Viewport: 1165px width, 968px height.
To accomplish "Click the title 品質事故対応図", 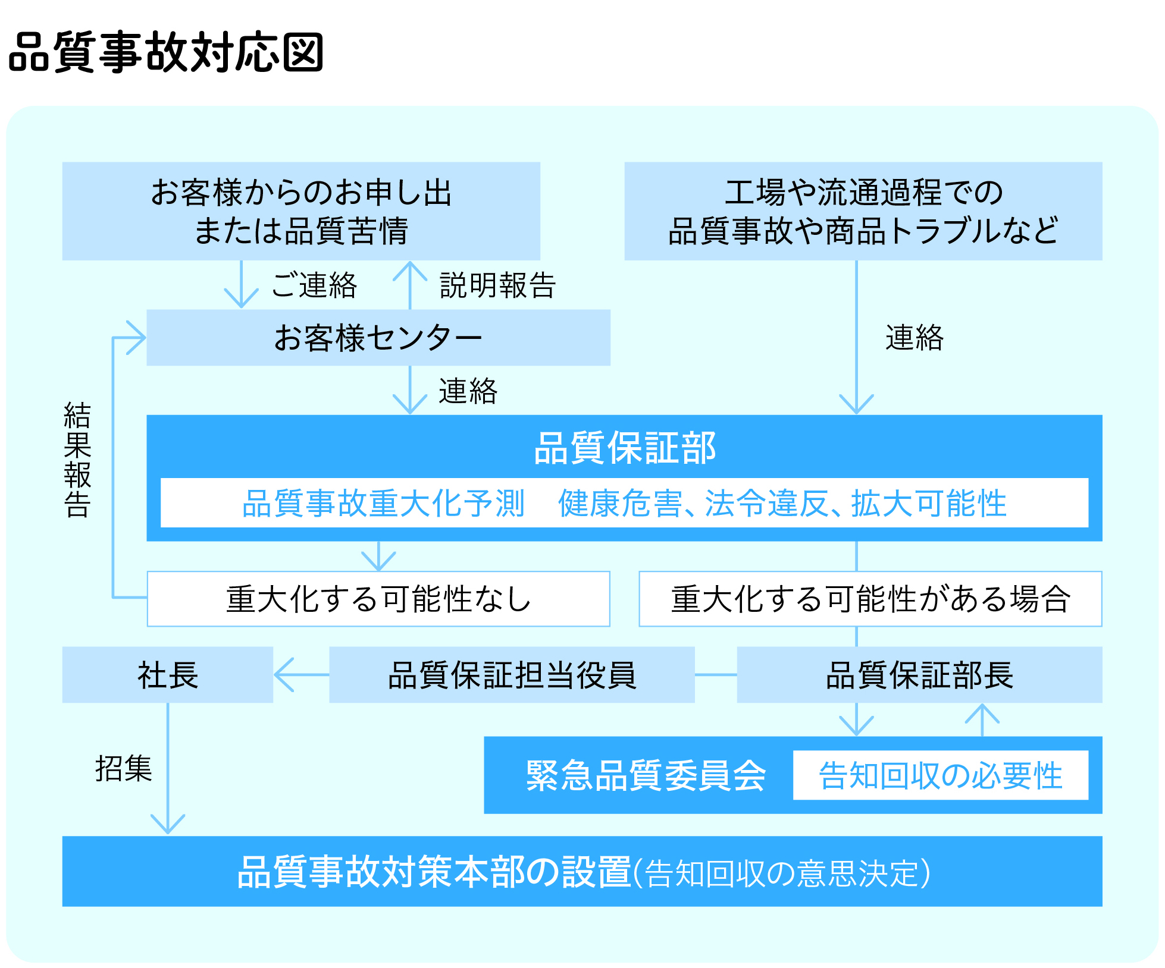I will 166,52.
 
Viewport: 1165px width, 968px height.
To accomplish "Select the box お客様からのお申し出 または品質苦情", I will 301,211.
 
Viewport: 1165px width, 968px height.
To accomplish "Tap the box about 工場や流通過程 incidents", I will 863,211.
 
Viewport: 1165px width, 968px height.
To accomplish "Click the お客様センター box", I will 378,338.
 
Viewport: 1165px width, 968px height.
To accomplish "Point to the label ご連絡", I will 314,285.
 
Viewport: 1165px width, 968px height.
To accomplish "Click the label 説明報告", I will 497,285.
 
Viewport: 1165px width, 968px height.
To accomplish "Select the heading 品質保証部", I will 625,448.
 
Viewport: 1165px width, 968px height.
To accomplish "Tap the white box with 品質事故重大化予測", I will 624,503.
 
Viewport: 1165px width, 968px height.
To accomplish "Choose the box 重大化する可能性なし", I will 378,599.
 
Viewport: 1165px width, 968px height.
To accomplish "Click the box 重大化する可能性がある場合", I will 870,599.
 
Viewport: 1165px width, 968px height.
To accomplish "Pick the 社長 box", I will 168,675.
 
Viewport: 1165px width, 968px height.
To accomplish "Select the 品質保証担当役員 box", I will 512,675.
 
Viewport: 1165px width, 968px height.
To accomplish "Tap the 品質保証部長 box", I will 919,675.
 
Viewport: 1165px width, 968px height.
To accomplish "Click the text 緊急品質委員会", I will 646,775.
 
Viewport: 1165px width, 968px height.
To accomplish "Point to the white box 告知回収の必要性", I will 940,775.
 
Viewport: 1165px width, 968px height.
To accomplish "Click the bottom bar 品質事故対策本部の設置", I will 582,872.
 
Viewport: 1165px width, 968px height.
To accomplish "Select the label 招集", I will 124,768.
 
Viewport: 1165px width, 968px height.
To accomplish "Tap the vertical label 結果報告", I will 77,460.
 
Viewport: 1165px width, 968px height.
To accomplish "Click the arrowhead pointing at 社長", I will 283,675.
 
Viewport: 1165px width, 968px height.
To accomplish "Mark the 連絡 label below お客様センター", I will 468,391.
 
